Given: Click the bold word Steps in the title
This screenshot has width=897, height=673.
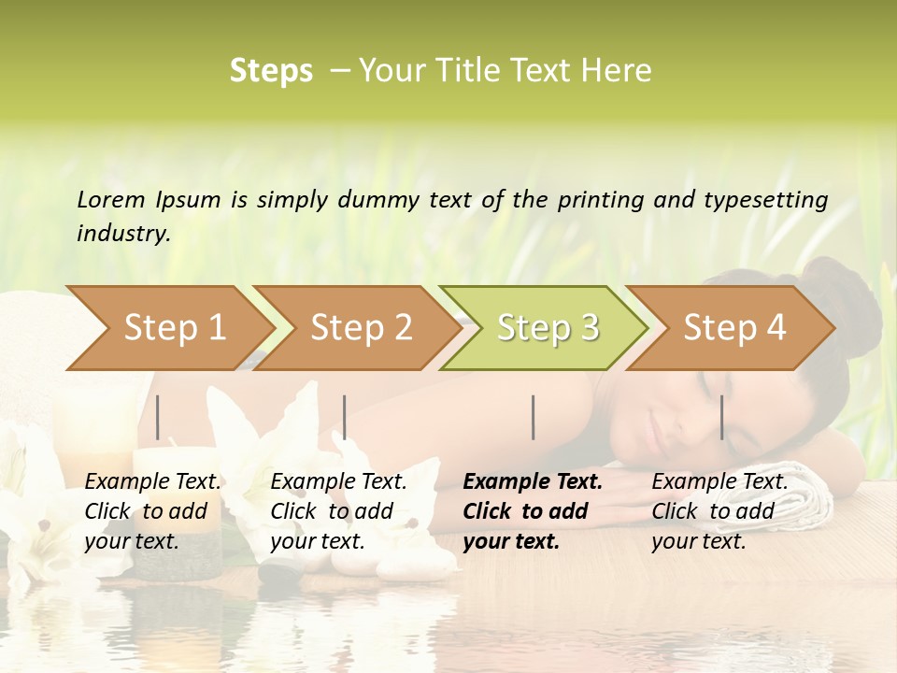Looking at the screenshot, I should click(x=271, y=71).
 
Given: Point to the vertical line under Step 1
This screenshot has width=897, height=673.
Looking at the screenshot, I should click(x=158, y=417).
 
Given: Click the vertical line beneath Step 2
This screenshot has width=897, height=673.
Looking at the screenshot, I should click(x=345, y=417).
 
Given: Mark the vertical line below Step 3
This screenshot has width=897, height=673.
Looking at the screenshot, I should click(x=533, y=417).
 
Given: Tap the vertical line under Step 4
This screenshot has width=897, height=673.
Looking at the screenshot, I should click(x=721, y=417).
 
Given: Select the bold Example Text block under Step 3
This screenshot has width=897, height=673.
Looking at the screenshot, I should click(x=533, y=511).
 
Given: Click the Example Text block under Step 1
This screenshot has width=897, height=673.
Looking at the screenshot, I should click(x=152, y=511).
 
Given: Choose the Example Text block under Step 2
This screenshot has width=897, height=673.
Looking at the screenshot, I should click(x=338, y=511).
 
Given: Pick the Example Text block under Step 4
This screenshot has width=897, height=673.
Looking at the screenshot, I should click(x=719, y=511).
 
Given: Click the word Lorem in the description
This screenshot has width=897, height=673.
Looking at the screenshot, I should click(x=111, y=200).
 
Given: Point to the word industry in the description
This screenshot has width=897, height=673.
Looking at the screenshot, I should click(x=122, y=234).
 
